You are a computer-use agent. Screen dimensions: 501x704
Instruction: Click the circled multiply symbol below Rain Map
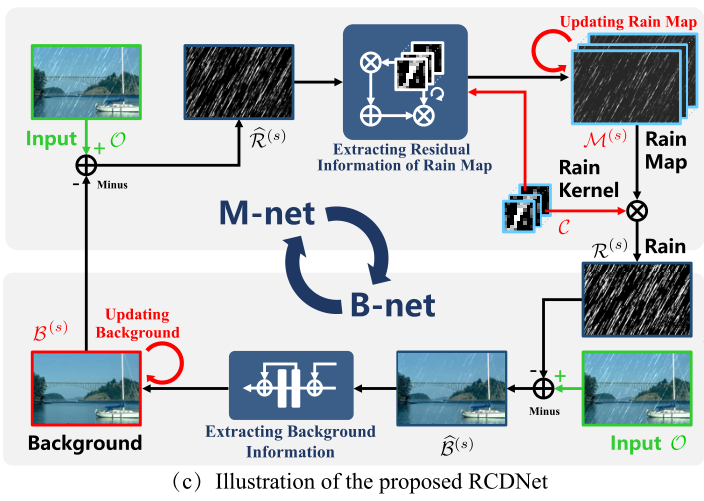[636, 210]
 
